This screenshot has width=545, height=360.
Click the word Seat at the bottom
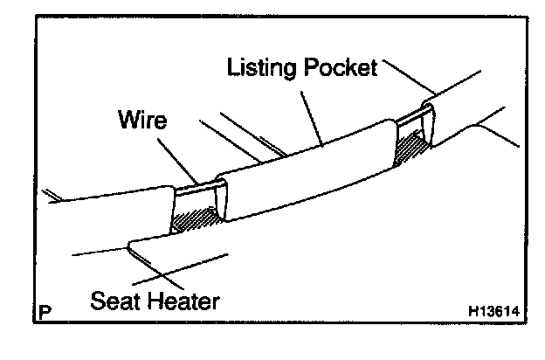tap(119, 303)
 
